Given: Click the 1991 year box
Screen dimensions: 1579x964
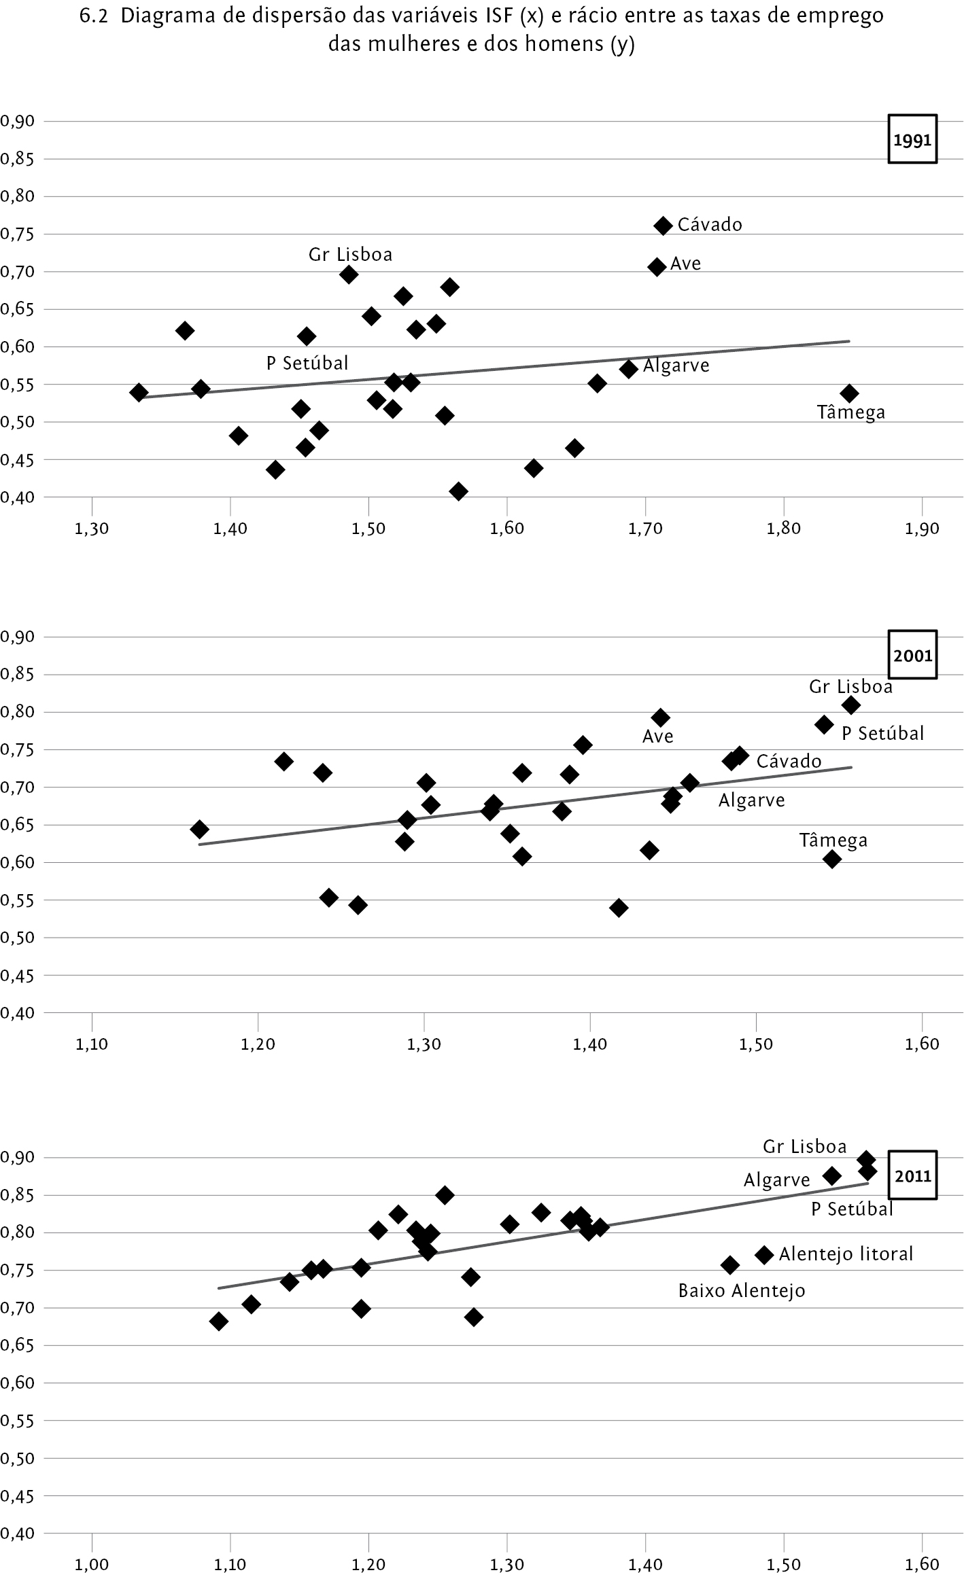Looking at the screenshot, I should (x=912, y=139).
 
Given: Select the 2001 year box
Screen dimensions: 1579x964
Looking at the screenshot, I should (x=912, y=655).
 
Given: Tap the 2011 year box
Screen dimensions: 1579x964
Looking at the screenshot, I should (x=912, y=1175).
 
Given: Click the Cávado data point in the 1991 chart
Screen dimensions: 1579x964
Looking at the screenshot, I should (x=664, y=226).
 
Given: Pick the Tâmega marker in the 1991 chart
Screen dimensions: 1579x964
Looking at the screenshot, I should (x=849, y=393).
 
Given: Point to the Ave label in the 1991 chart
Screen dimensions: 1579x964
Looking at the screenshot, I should (x=685, y=264).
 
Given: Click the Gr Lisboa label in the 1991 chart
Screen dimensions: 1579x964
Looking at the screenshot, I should (x=350, y=255).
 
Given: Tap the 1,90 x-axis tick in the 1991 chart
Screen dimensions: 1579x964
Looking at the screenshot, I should (x=922, y=529).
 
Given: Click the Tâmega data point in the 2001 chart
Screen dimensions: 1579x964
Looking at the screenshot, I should (x=832, y=859).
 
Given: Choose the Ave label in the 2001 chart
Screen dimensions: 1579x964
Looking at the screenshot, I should (x=657, y=737).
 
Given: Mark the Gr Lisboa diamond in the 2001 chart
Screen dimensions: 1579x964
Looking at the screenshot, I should (x=850, y=705).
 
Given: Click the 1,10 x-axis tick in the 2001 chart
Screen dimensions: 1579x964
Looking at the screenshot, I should (x=92, y=1044).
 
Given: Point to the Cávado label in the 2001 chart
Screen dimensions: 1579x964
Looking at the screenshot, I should (x=789, y=761).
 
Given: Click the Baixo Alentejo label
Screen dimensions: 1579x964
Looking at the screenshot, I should (x=742, y=1291).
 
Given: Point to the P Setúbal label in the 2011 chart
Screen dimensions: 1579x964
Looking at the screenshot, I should (x=852, y=1209).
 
